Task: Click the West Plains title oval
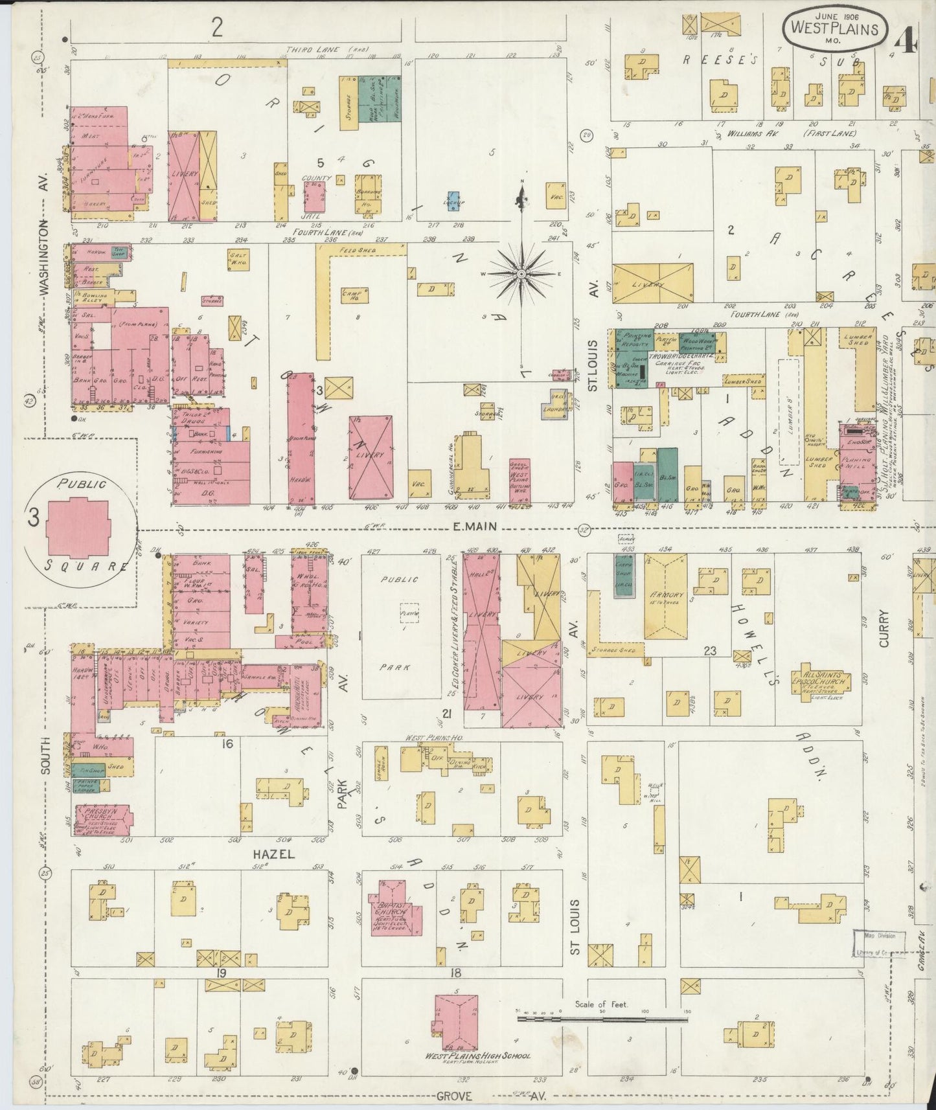click(833, 28)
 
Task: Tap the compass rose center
click(520, 275)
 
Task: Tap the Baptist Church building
click(395, 914)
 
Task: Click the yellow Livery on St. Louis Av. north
click(652, 282)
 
